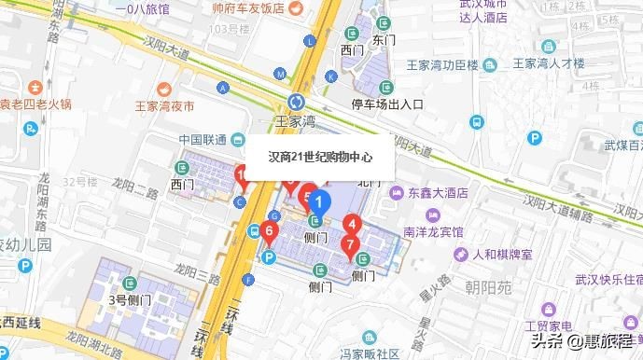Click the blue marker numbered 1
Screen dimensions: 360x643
[x=320, y=201]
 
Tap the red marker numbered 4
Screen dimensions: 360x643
[x=353, y=224]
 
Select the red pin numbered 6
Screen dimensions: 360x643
[x=270, y=231]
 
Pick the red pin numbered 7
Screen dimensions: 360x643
[x=350, y=245]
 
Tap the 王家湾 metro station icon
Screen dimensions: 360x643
[x=297, y=102]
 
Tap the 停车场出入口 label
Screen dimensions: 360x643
[x=386, y=104]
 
